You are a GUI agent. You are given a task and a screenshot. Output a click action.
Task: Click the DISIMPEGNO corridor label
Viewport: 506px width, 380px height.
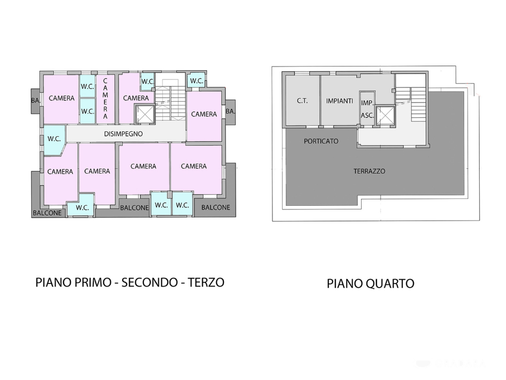(123, 134)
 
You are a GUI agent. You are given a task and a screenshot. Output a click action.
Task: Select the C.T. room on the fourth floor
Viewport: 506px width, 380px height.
(302, 101)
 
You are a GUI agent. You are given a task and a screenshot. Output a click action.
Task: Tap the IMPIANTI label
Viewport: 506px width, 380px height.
(339, 101)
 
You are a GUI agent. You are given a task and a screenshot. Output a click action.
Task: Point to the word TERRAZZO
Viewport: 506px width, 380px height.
(369, 171)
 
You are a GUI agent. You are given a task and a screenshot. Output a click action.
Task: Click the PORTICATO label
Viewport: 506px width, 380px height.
(321, 141)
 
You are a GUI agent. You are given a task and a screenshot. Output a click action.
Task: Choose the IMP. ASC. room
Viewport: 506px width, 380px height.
(367, 109)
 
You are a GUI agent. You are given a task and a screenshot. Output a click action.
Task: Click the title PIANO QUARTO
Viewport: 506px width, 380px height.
(371, 283)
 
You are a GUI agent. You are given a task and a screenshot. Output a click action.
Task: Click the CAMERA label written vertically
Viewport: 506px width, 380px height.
(105, 99)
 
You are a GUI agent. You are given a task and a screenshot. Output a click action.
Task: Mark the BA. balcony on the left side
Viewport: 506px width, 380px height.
(35, 100)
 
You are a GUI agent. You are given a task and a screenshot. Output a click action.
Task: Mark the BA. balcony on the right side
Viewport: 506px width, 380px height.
(230, 111)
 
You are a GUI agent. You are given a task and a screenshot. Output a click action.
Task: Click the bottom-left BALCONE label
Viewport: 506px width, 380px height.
(47, 213)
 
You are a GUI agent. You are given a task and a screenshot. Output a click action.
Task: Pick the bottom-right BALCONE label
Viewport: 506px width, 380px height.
(216, 207)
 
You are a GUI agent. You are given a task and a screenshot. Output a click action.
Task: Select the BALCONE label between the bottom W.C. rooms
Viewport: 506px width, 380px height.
(134, 207)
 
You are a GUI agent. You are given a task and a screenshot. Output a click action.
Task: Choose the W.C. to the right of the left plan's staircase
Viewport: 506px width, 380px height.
(197, 81)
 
